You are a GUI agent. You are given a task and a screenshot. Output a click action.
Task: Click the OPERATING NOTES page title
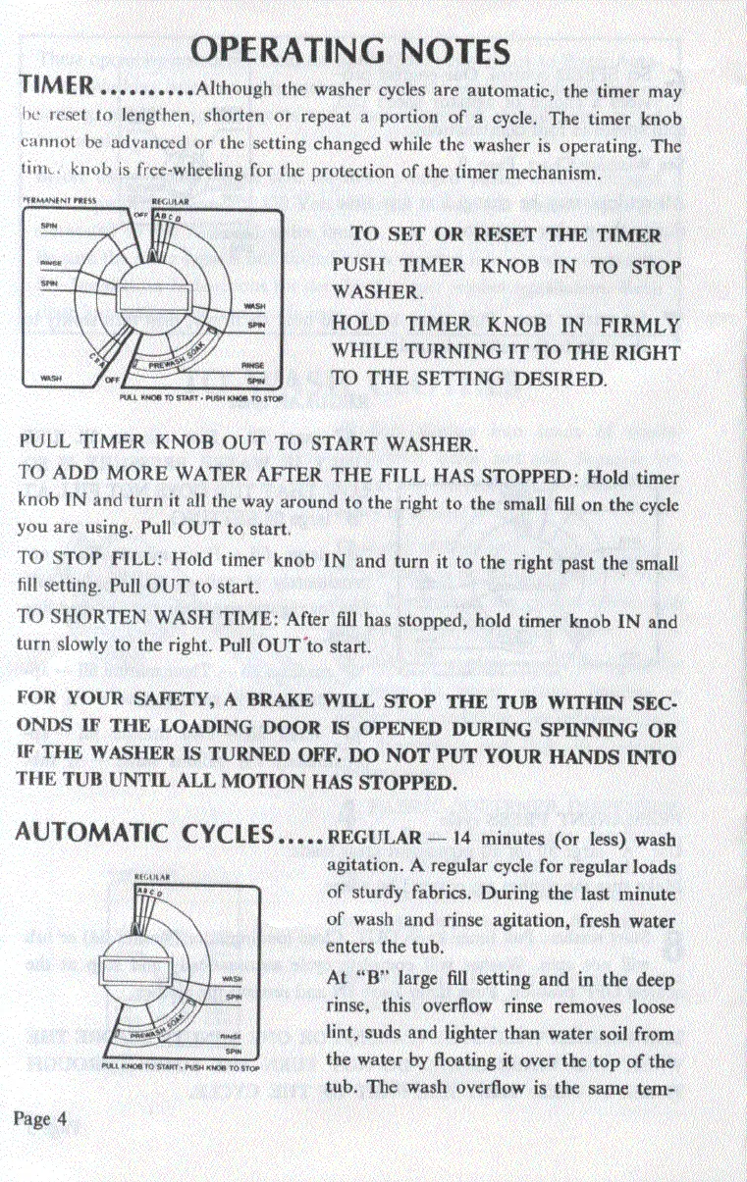point(350,49)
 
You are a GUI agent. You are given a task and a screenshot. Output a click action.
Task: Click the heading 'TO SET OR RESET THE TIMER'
point(506,235)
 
